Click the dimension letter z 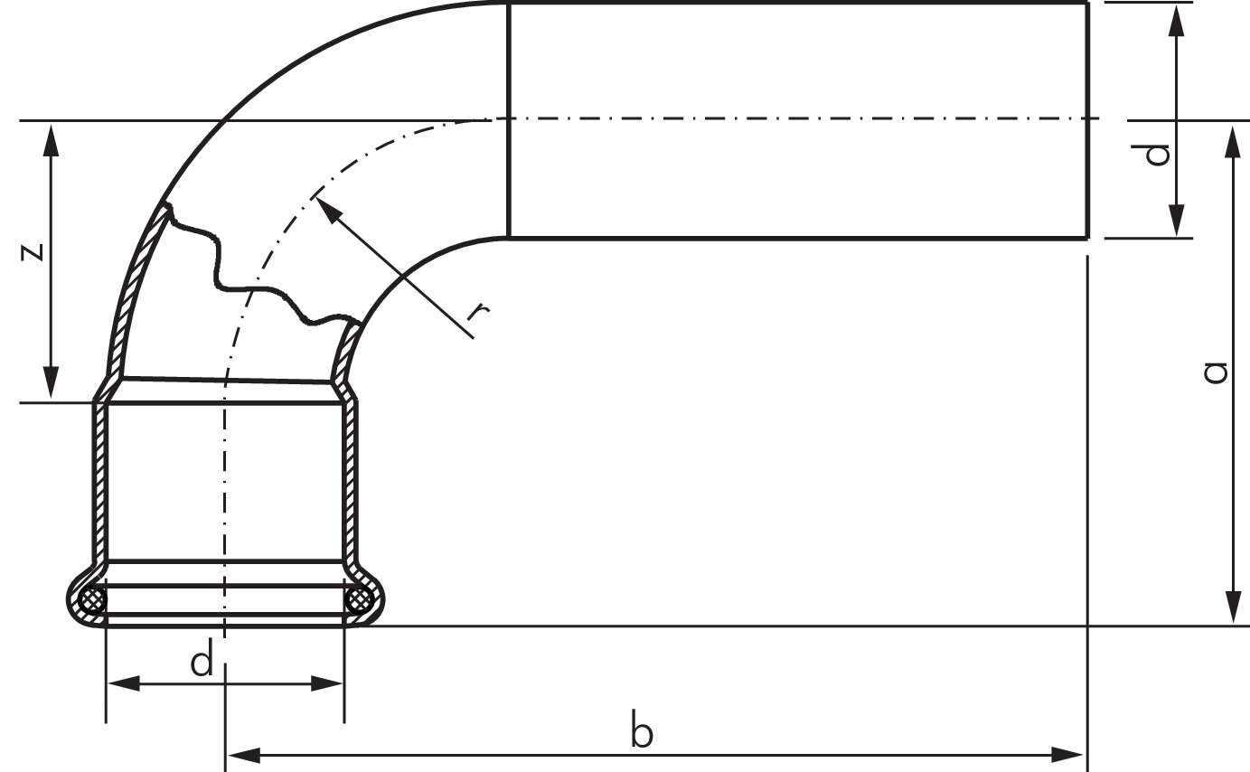point(33,251)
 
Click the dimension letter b point(641,732)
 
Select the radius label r point(479,312)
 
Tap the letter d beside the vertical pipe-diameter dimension point(1157,155)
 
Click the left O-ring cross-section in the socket point(92,600)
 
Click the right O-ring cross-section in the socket point(360,600)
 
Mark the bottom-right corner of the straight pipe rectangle point(1087,239)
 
